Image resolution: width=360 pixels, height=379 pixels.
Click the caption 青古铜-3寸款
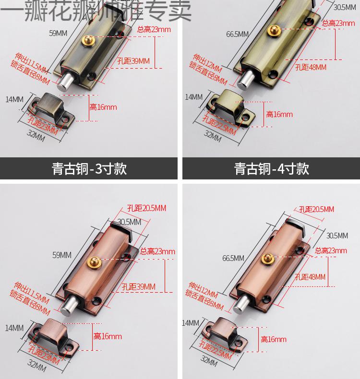[x=89, y=169]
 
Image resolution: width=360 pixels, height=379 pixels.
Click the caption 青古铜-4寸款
[x=272, y=169]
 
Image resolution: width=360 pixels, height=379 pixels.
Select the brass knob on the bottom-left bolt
[x=94, y=262]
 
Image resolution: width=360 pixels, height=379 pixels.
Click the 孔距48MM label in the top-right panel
[x=311, y=67]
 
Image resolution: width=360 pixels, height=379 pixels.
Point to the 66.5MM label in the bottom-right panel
[x=233, y=258]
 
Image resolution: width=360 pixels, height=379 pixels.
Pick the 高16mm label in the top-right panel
[x=279, y=114]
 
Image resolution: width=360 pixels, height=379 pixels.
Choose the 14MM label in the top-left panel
[x=14, y=99]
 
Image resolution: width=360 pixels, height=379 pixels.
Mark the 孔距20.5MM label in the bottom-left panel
[x=146, y=208]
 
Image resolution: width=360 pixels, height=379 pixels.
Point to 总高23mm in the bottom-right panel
[x=331, y=250]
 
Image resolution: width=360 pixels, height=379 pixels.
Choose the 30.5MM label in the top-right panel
[x=345, y=7]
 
